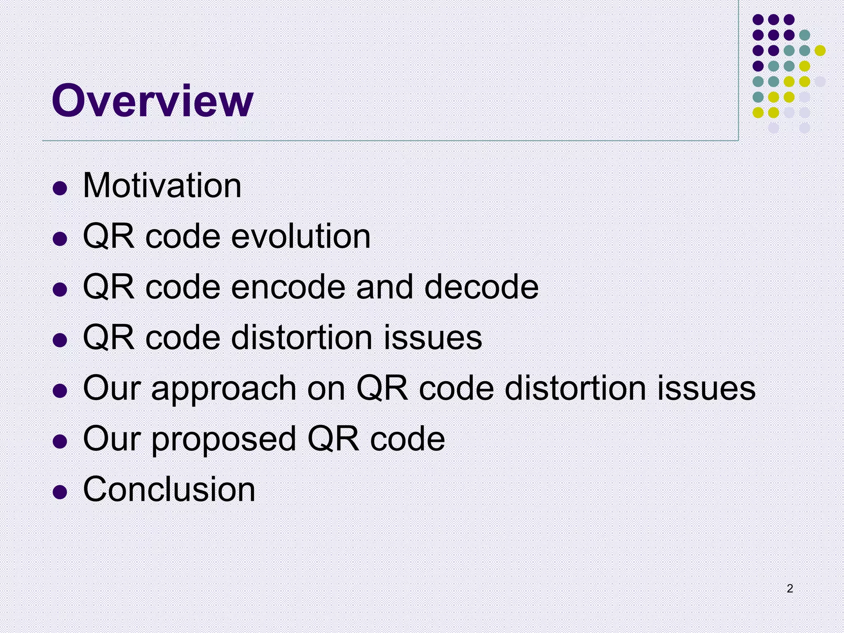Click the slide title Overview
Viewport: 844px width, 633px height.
coord(152,101)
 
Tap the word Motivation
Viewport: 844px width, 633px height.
coord(162,185)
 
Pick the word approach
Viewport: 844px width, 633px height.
coord(224,389)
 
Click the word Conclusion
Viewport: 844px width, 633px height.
coord(169,490)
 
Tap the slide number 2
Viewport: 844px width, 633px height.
coord(790,588)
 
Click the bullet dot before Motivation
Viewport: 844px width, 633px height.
coord(60,188)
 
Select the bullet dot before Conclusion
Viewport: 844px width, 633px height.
coord(60,492)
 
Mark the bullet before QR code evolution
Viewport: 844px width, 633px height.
coord(60,239)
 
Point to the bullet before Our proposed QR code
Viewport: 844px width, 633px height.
coord(60,441)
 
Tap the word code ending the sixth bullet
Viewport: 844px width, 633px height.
coord(407,439)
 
